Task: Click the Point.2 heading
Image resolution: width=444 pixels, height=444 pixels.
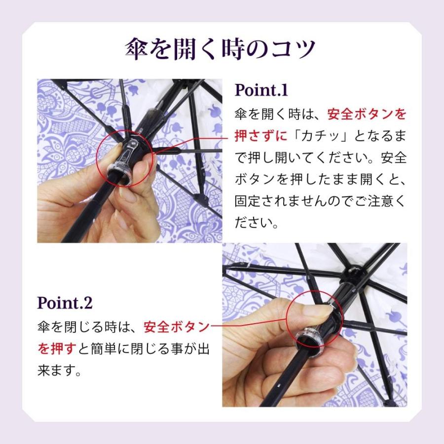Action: point(65,302)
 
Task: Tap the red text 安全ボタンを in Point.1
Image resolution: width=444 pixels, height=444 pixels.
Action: point(367,114)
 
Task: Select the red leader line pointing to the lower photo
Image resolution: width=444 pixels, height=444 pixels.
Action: point(252,326)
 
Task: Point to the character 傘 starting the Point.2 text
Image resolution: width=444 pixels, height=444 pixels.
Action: point(43,327)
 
